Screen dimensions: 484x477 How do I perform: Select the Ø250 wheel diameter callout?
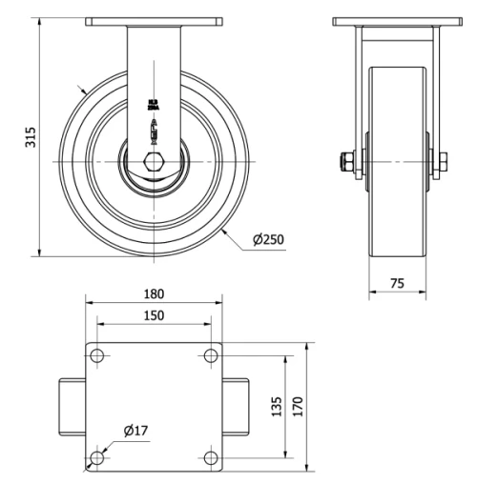[x=268, y=239]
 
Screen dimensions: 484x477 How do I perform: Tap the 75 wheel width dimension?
[x=398, y=283]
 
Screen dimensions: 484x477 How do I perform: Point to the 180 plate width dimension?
[x=154, y=293]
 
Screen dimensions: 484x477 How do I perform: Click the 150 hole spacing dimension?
[x=154, y=314]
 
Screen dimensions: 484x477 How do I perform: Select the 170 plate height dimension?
[x=297, y=407]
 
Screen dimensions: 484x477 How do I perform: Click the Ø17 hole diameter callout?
[x=135, y=431]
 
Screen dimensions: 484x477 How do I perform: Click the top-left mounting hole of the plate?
[x=96, y=355]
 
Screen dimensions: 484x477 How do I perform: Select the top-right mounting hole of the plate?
[x=211, y=355]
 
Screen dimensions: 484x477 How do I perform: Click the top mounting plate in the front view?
[x=154, y=21]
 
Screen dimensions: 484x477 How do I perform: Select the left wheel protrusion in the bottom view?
[x=72, y=407]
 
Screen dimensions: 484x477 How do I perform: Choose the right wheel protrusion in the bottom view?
[x=237, y=407]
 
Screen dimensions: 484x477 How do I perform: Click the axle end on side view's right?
[x=443, y=162]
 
